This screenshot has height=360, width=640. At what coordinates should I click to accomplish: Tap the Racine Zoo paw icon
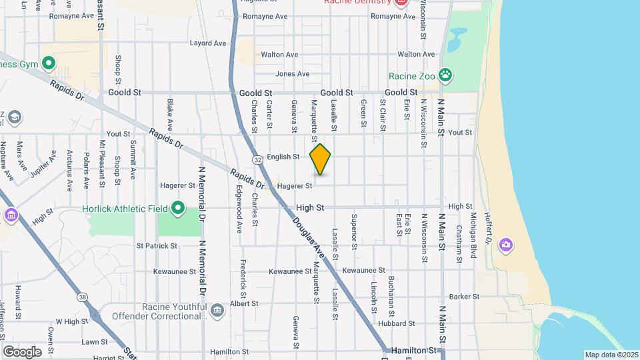[446, 75]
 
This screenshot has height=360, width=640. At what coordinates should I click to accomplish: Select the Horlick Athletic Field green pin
[177, 209]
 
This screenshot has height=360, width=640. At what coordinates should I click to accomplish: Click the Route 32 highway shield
[257, 160]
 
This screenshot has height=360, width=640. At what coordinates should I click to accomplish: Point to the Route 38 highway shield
[81, 297]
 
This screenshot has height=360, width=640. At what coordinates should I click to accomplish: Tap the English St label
[283, 157]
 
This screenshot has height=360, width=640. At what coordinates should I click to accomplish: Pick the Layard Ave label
[209, 43]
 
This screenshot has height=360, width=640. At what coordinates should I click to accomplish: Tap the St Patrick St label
[157, 245]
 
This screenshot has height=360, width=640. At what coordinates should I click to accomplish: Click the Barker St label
[465, 297]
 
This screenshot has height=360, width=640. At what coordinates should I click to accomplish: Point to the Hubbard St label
[401, 323]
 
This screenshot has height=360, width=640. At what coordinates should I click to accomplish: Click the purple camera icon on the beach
[506, 245]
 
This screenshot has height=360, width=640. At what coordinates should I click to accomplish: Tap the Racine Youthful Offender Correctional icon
[217, 311]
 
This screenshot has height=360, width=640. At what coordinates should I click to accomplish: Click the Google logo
[22, 352]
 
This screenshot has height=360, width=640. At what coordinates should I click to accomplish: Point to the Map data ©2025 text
[611, 355]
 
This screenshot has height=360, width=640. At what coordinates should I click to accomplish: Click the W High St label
[67, 321]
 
